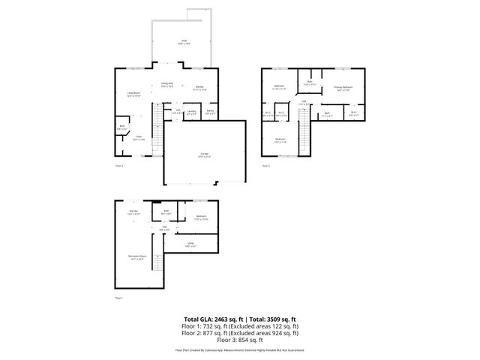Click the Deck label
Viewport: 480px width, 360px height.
coord(182,41)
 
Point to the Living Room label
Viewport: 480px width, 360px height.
coord(133,94)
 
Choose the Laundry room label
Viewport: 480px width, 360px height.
coord(192,112)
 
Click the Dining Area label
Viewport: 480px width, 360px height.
coord(167,84)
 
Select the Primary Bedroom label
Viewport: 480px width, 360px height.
coord(343,88)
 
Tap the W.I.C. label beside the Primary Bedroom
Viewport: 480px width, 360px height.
coord(353,114)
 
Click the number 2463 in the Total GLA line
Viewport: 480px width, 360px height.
coord(214,319)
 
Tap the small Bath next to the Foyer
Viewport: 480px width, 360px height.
coord(121,127)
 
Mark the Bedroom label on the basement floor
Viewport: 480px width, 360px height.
coord(201,217)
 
